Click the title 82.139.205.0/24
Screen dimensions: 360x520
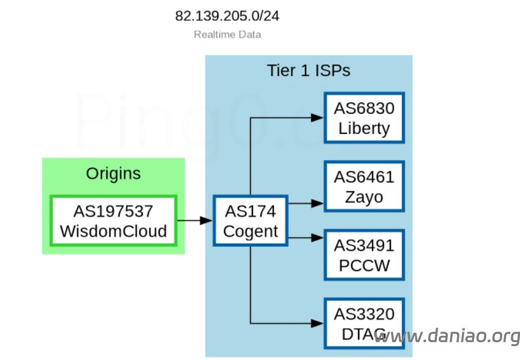[227, 16]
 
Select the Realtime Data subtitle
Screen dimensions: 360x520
[228, 35]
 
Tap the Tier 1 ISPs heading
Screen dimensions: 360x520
[308, 70]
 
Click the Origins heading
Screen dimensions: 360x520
[113, 173]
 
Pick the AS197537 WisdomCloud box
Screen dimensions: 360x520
[114, 221]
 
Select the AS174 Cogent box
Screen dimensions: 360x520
[250, 221]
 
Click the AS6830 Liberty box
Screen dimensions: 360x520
[364, 118]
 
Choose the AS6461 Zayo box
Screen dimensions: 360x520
[364, 187]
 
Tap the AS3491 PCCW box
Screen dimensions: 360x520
[364, 255]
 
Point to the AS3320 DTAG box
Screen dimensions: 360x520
[364, 323]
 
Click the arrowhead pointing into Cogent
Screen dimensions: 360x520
[207, 221]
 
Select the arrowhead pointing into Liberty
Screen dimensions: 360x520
[318, 118]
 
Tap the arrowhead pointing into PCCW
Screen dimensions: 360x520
[318, 238]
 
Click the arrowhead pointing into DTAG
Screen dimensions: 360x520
[318, 323]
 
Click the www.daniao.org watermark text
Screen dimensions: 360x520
[447, 336]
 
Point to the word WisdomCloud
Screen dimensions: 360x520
[114, 231]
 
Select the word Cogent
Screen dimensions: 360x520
[250, 231]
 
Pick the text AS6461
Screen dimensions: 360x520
[364, 177]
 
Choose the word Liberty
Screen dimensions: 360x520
[364, 128]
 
